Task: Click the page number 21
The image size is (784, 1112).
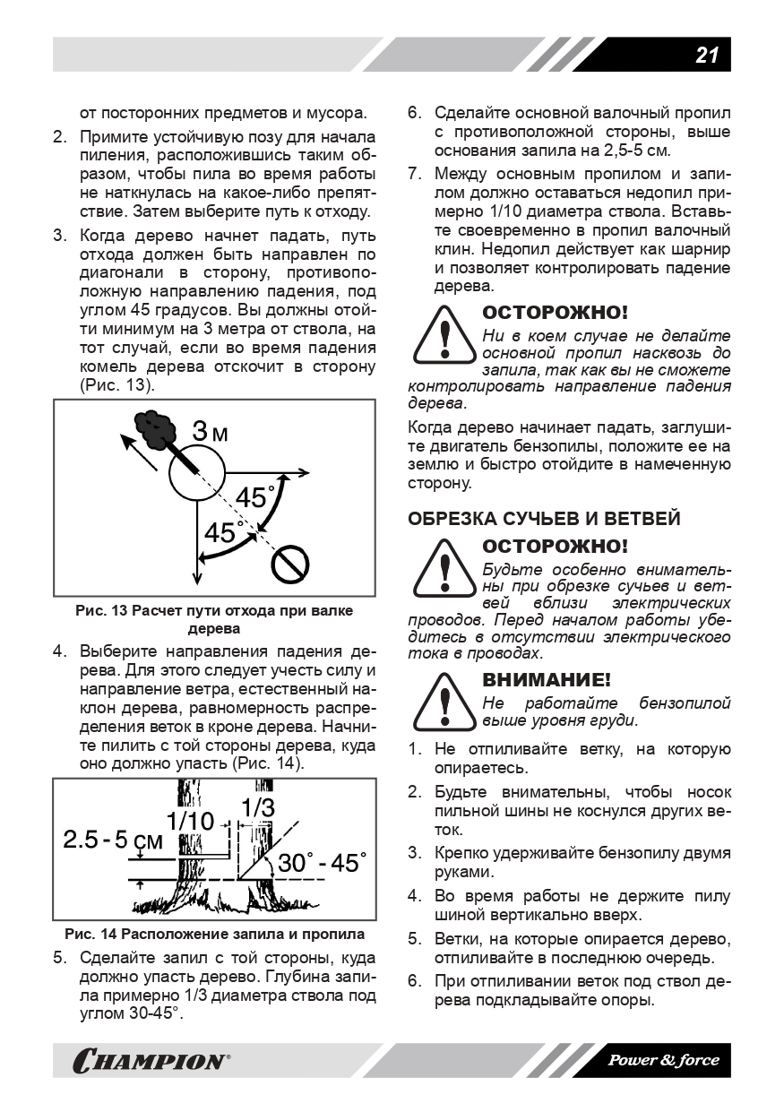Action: pos(707,56)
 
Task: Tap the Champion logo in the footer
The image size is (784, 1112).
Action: pos(150,1062)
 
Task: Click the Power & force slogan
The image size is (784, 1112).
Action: pos(664,1061)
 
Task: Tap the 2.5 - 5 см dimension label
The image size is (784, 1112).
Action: pos(114,840)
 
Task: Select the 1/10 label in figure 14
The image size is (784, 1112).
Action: pos(191,821)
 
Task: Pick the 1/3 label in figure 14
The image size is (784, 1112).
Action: pos(257,806)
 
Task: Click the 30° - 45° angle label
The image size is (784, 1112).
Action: pos(317,864)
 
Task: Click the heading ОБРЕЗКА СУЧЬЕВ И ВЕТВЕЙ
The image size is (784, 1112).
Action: pos(544,519)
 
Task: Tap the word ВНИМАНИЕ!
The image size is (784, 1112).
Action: pos(547,679)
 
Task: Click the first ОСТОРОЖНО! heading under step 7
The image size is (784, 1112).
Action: pos(555,313)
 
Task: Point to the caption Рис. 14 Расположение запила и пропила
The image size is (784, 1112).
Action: pos(214,934)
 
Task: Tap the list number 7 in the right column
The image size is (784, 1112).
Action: pos(414,174)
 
